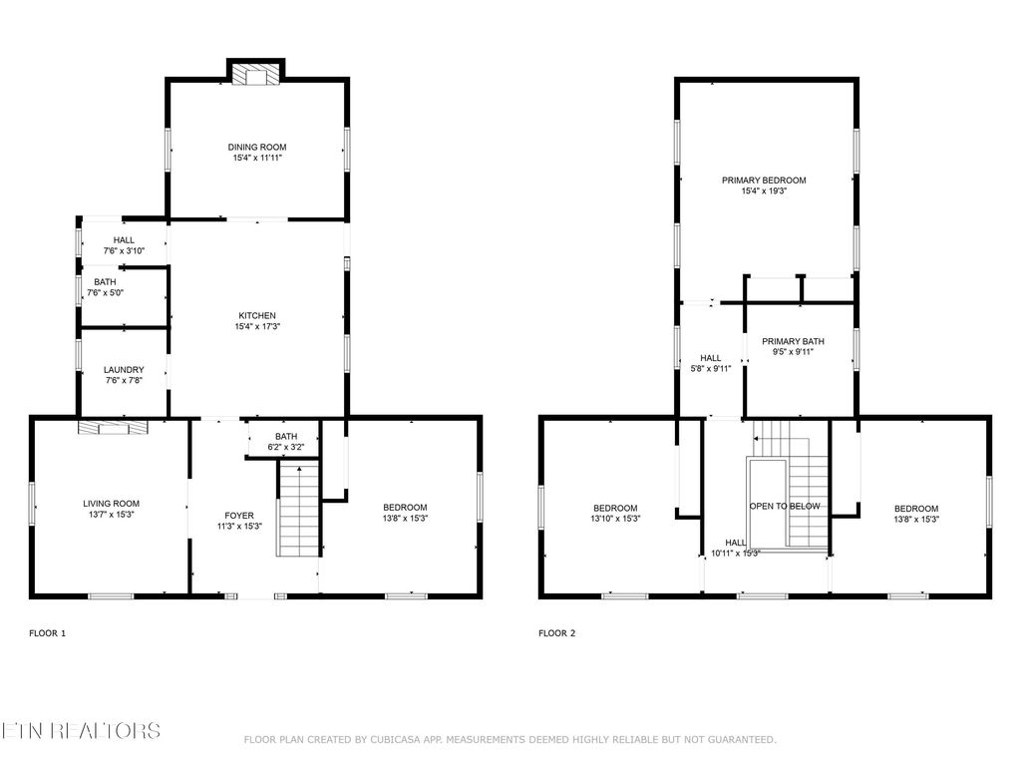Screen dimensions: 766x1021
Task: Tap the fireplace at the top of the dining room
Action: pyautogui.click(x=257, y=75)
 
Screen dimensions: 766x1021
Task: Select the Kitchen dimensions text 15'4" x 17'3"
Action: pyautogui.click(x=256, y=327)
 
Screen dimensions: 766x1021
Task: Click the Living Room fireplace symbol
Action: pyautogui.click(x=112, y=427)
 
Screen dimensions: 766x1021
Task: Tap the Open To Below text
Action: pyautogui.click(x=785, y=507)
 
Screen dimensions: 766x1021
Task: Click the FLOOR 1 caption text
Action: pyautogui.click(x=47, y=633)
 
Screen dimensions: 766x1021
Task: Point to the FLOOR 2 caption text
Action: pyautogui.click(x=556, y=633)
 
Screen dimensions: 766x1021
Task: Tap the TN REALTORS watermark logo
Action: pyautogui.click(x=80, y=731)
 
